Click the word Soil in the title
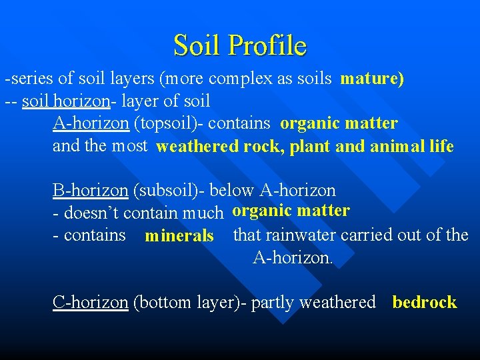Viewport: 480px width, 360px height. click(197, 45)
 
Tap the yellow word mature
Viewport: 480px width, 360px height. click(371, 79)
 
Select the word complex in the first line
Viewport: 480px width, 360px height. click(241, 79)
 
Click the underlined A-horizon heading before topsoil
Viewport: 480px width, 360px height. click(91, 123)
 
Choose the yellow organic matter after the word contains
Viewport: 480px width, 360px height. click(339, 123)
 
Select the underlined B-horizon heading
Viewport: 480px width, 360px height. click(90, 191)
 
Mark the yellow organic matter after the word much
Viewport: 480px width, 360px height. click(291, 211)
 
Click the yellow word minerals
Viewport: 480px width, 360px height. click(179, 236)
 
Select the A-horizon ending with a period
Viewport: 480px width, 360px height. click(293, 257)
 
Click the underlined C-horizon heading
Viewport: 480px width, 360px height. click(90, 302)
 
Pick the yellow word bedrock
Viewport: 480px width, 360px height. click(425, 302)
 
